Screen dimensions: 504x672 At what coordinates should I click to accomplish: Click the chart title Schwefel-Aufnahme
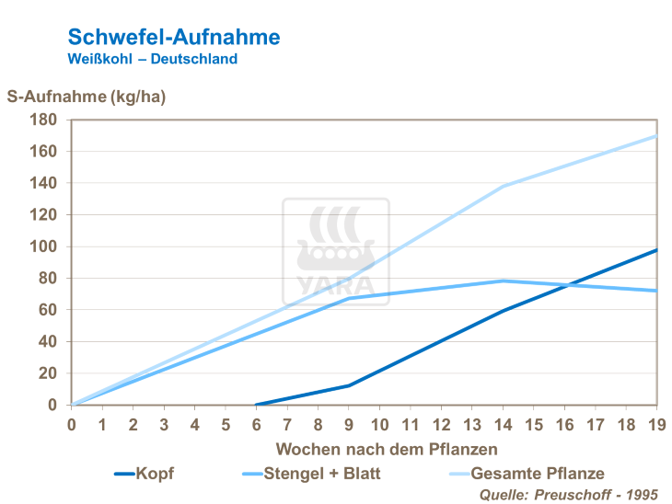point(174,37)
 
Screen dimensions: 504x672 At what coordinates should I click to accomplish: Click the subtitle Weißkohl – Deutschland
point(153,59)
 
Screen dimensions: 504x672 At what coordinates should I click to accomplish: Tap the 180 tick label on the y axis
point(44,120)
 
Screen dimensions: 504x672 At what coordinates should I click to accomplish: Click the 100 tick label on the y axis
point(44,246)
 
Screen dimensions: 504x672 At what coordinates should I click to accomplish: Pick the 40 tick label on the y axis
point(48,341)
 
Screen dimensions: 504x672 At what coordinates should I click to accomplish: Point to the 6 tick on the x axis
point(256,425)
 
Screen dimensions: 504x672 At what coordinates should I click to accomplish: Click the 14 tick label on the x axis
point(503,425)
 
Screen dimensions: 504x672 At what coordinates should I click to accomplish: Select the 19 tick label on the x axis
point(656,425)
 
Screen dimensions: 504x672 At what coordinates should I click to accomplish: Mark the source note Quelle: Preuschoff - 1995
point(569,495)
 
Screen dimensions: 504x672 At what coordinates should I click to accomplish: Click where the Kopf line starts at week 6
point(256,405)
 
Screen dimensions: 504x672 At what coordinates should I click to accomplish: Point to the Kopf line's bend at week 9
point(349,385)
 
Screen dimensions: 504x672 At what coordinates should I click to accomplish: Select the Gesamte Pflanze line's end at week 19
point(656,136)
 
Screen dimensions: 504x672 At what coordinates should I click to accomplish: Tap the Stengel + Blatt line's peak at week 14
point(503,281)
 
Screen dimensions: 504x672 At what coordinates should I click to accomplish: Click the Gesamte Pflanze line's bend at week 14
point(503,187)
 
